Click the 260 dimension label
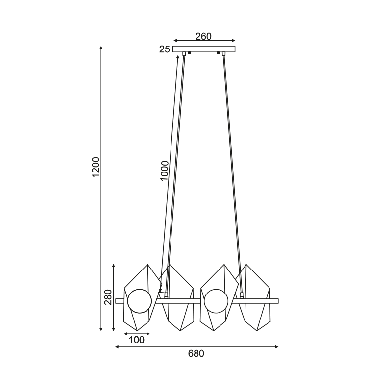[x=203, y=36]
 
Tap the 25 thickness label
[x=165, y=49]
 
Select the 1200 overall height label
[x=96, y=167]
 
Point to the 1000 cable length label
[x=164, y=171]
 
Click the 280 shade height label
[x=108, y=297]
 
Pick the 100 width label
[x=137, y=340]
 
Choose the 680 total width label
[x=196, y=353]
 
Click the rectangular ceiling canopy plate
[x=204, y=49]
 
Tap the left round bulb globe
[x=140, y=301]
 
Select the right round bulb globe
[x=216, y=301]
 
